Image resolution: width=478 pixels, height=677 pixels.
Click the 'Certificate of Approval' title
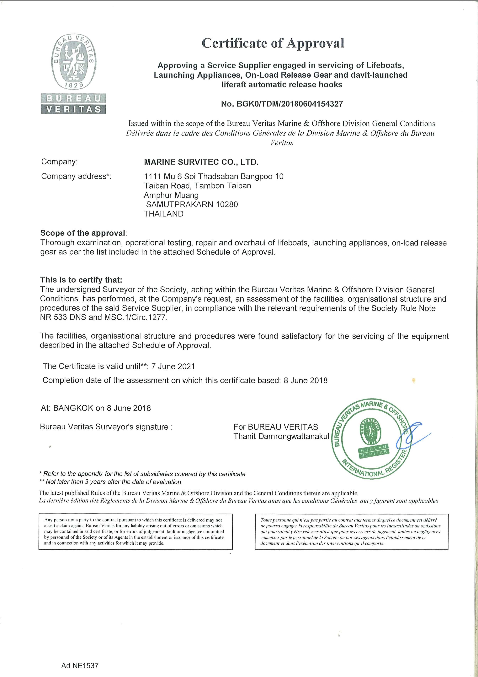click(273, 44)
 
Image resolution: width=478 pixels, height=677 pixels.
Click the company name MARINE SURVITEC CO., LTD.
click(201, 162)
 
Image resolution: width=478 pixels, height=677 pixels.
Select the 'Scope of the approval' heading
click(83, 233)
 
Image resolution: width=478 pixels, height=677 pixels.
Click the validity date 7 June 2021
click(173, 366)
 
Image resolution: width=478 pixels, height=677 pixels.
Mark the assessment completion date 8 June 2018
click(305, 380)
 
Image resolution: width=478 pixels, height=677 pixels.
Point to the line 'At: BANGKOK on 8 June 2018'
click(96, 408)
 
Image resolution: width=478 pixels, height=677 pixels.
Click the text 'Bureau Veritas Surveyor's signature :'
click(106, 427)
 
